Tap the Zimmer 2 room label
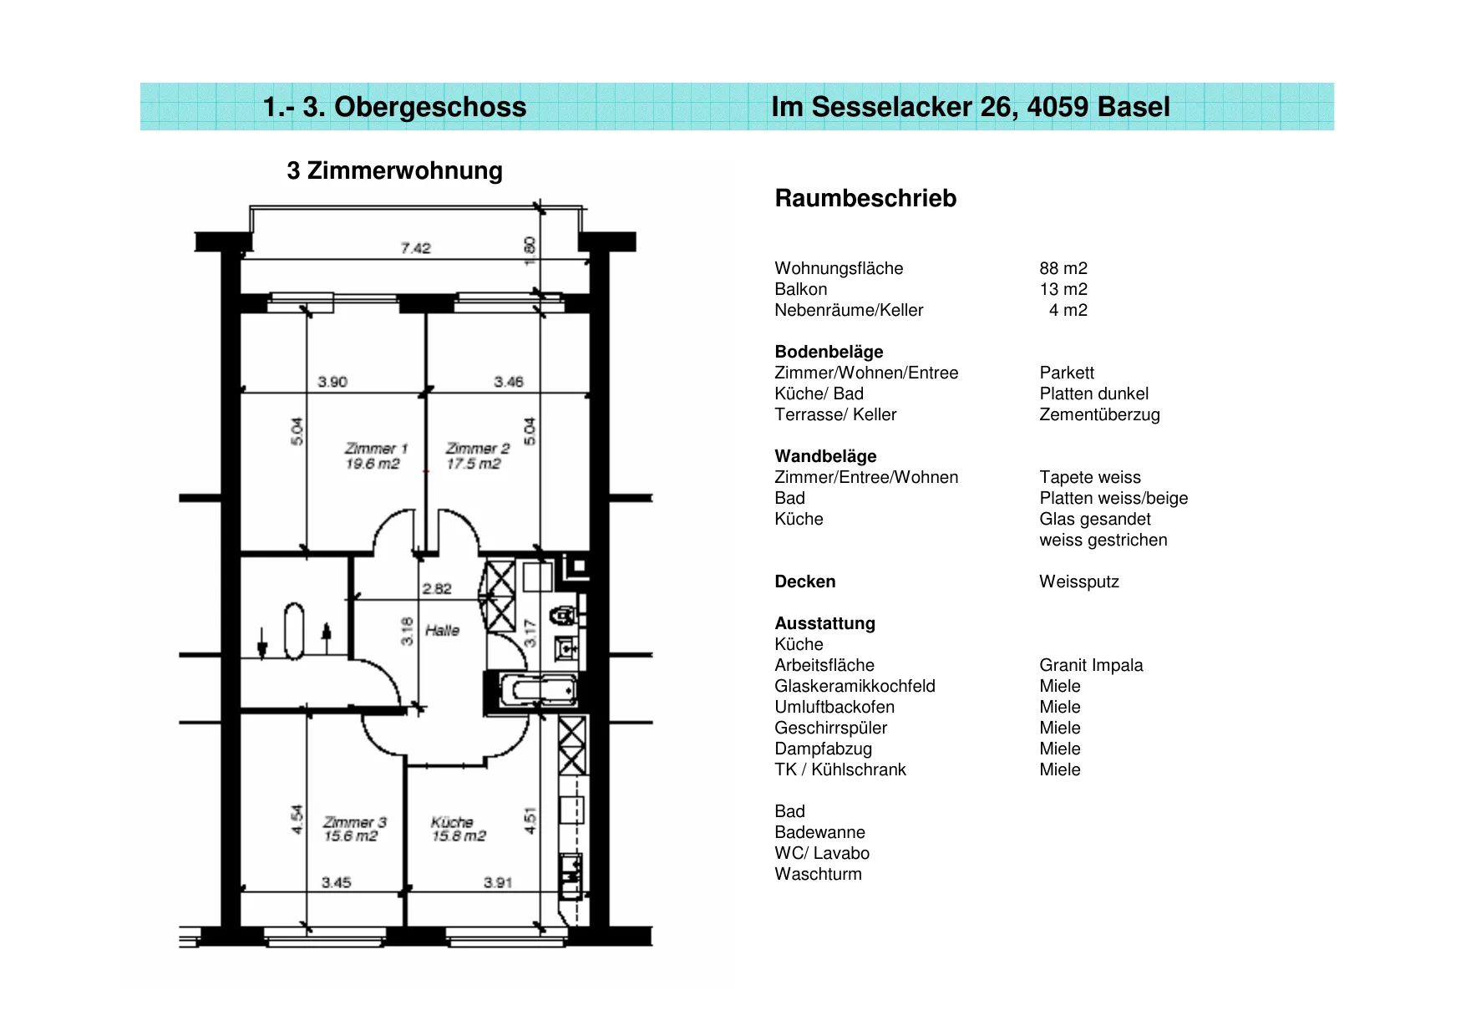point(477,456)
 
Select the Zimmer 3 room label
point(354,829)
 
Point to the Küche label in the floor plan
point(458,829)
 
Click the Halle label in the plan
point(442,630)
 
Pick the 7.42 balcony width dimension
point(415,248)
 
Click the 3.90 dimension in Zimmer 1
point(332,382)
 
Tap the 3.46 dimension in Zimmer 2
point(509,382)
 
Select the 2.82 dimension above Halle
point(436,588)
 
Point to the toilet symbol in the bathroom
point(566,616)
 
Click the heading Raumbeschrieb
point(865,198)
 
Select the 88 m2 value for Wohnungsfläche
point(1063,268)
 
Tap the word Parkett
point(1067,373)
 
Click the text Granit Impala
point(1091,665)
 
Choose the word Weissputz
point(1079,581)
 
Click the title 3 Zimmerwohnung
point(394,170)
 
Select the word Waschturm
point(818,874)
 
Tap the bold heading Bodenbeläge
point(829,352)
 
